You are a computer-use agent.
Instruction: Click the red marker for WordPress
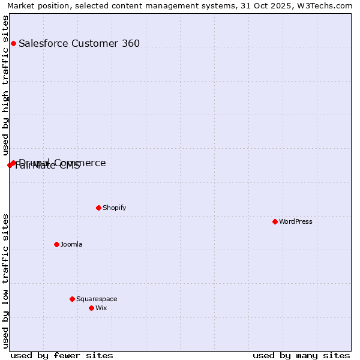[275, 221]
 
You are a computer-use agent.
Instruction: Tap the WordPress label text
[296, 221]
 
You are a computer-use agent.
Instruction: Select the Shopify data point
[98, 208]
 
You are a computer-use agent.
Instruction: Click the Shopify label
[114, 208]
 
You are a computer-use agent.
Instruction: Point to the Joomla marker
[56, 244]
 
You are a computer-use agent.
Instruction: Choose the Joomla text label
[71, 244]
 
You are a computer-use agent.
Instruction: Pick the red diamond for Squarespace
[72, 299]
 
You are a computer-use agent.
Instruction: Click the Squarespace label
[97, 299]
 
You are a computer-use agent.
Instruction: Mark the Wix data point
[91, 308]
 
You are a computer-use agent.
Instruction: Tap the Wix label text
[101, 308]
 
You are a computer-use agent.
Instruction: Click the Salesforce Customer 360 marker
[13, 43]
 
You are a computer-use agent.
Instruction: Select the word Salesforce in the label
[43, 43]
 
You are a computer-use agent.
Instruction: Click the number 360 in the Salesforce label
[130, 43]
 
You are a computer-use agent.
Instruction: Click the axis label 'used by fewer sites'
[62, 355]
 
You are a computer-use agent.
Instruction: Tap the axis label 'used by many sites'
[301, 355]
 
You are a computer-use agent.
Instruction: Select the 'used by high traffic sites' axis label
[6, 85]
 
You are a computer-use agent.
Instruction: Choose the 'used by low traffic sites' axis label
[6, 281]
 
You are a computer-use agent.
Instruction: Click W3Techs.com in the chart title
[327, 5]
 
